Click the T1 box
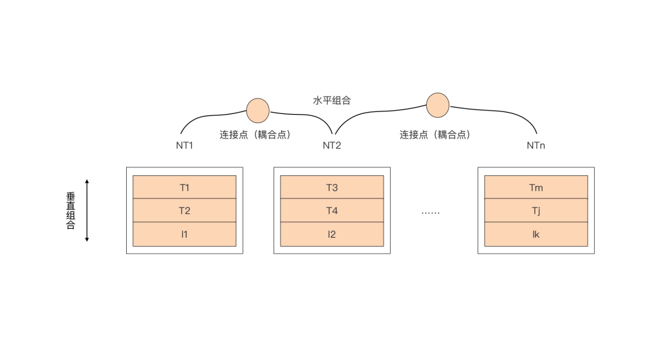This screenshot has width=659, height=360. point(185,187)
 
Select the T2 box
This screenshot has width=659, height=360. point(185,211)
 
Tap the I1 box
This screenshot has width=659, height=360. point(185,234)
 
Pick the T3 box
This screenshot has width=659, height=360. point(331,187)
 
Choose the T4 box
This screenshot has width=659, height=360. point(331,211)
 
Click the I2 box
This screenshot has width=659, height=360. point(331,234)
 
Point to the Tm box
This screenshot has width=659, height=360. point(535,187)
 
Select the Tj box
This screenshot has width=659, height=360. point(535,211)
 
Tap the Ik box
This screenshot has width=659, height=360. point(535,234)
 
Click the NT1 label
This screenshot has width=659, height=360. point(185,146)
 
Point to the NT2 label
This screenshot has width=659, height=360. point(331,146)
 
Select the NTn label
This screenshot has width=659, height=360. point(535,146)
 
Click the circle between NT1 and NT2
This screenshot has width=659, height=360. point(257,110)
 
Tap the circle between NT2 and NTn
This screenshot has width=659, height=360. point(438,105)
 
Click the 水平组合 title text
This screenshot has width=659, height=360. point(331,100)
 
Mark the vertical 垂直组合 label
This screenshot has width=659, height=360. point(71,211)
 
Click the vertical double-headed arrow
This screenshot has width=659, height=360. point(87,211)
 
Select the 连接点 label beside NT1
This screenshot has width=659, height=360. point(255,135)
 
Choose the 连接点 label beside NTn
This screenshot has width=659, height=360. point(435,135)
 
